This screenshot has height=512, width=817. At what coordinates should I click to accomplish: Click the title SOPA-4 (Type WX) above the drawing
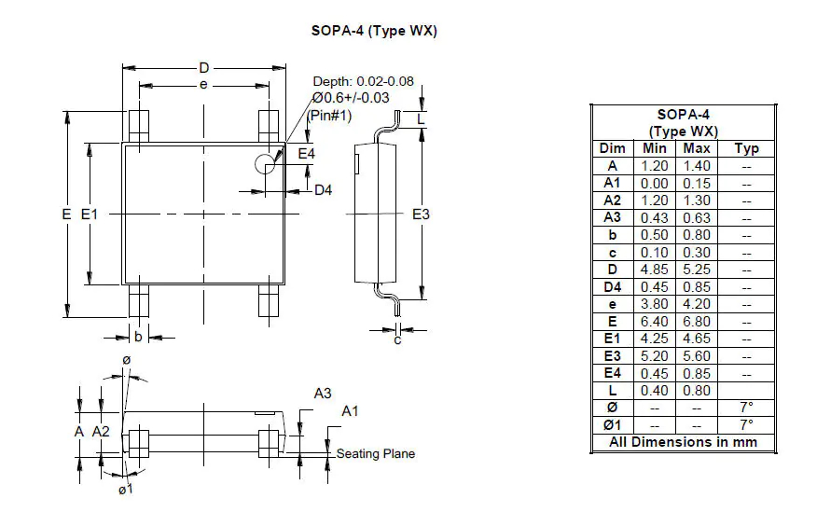(x=374, y=31)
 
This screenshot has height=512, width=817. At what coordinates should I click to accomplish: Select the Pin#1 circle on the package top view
(x=266, y=164)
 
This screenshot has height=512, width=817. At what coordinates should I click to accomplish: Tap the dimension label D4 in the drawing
(x=324, y=191)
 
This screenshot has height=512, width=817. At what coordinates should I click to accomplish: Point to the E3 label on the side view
(x=422, y=214)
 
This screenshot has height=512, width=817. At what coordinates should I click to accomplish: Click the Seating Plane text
(x=376, y=454)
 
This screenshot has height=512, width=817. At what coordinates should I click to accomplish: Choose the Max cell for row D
(x=697, y=270)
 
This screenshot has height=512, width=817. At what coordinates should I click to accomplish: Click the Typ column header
(x=747, y=148)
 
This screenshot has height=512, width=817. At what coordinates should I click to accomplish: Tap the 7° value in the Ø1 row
(x=747, y=425)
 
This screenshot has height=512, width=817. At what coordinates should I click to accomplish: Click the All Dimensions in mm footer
(x=684, y=443)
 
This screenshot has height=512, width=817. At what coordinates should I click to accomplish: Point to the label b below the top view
(x=138, y=337)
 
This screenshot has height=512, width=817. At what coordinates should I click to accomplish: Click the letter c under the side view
(x=396, y=340)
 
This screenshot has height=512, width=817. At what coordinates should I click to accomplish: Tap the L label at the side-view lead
(x=422, y=120)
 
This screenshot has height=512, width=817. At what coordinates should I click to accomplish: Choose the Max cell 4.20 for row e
(x=697, y=304)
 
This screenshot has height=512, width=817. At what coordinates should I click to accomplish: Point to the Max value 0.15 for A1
(x=697, y=184)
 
